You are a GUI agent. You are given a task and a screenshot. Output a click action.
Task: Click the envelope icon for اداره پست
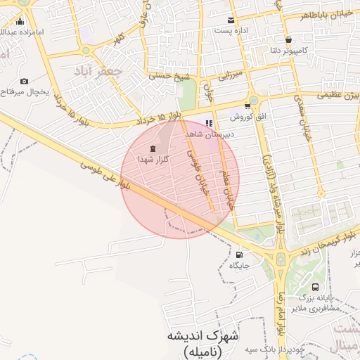tap(230, 20)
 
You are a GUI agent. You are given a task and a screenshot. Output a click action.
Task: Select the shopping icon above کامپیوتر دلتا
tap(289, 39)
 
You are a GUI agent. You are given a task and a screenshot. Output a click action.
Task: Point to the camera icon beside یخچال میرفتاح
tap(25, 81)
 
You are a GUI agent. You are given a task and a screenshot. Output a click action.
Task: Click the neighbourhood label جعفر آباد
tap(98, 71)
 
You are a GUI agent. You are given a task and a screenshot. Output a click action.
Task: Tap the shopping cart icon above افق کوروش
tap(247, 105)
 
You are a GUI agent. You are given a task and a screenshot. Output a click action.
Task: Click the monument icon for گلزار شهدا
tap(153, 149)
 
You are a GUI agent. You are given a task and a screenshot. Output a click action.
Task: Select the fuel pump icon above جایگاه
tap(240, 255)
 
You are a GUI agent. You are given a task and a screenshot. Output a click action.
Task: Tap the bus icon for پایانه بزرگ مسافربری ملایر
tap(315, 287)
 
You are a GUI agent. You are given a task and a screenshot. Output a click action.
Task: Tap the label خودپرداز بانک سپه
tap(270, 349)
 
